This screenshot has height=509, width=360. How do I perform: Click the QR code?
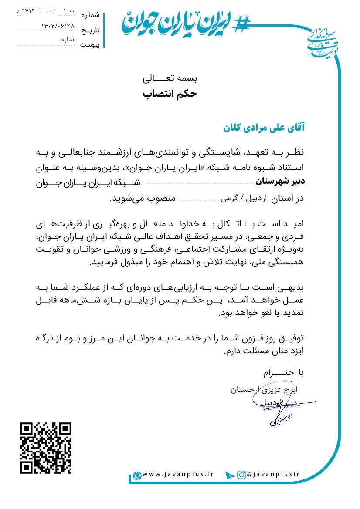pyautogui.click(x=46, y=448)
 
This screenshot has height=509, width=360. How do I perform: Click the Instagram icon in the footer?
pyautogui.click(x=241, y=475)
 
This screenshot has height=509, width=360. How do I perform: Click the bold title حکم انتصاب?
pyautogui.click(x=170, y=94)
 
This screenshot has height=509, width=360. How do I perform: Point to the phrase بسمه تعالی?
pyautogui.click(x=170, y=79)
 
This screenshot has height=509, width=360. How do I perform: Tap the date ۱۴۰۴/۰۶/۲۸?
pyautogui.click(x=58, y=26)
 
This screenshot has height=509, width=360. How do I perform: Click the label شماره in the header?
pyautogui.click(x=91, y=15)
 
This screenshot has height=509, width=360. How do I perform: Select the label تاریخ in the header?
pyautogui.click(x=92, y=30)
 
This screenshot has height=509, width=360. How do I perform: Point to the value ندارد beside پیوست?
pyautogui.click(x=68, y=40)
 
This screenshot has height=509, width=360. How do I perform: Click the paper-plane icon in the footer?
pyautogui.click(x=230, y=475)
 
